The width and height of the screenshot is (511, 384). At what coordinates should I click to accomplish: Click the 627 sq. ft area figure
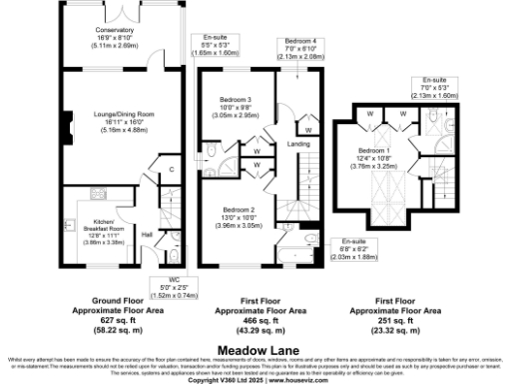[x=113, y=319]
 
